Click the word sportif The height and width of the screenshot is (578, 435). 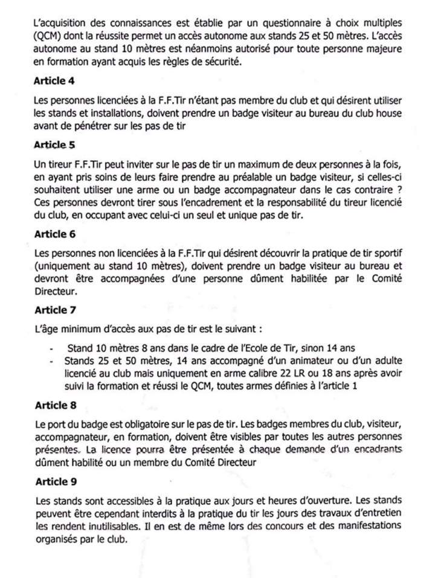(x=386, y=251)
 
